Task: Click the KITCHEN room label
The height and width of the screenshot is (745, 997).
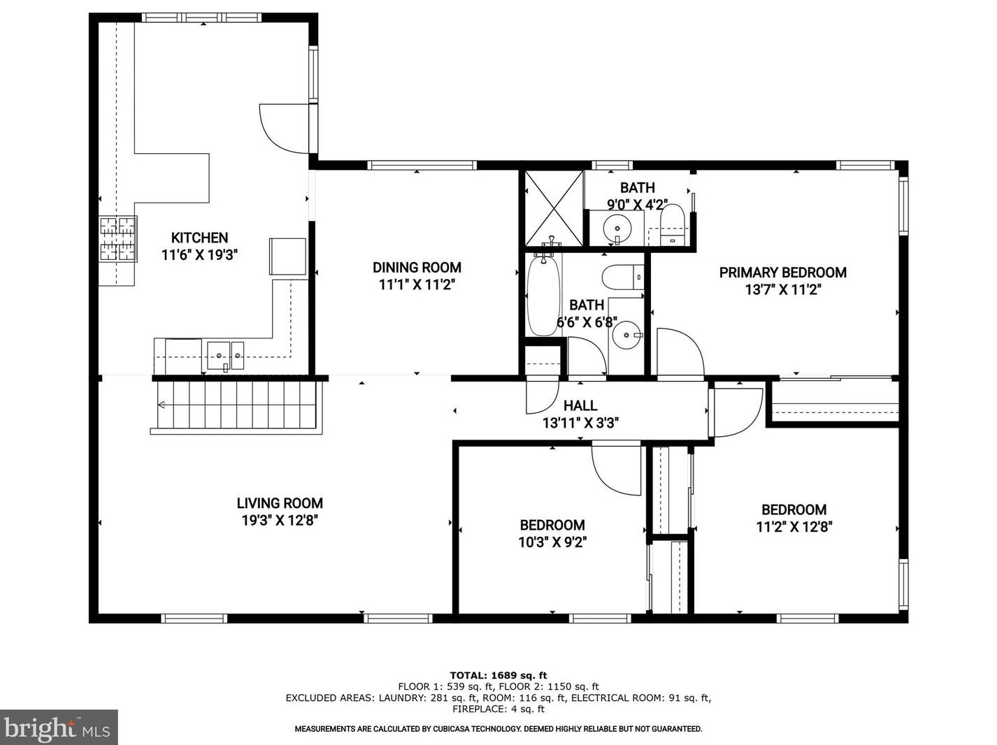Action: click(199, 238)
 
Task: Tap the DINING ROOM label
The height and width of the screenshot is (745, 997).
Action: click(417, 268)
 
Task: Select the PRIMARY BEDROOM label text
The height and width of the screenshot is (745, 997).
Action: click(782, 273)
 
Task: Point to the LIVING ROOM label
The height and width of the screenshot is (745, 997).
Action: click(280, 503)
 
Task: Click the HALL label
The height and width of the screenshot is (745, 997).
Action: click(580, 405)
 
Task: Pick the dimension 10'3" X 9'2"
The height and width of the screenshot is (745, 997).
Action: click(552, 542)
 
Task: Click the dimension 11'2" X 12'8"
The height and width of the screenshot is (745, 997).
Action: click(794, 527)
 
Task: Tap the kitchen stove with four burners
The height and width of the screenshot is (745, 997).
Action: click(118, 239)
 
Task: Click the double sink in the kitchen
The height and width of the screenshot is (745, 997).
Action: click(225, 356)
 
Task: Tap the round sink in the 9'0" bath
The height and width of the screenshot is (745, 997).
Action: click(617, 229)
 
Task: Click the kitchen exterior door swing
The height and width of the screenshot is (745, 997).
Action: click(285, 129)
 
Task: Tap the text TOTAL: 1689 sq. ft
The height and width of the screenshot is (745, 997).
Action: click(499, 675)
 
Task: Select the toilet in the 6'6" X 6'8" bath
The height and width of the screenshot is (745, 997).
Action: click(623, 277)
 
